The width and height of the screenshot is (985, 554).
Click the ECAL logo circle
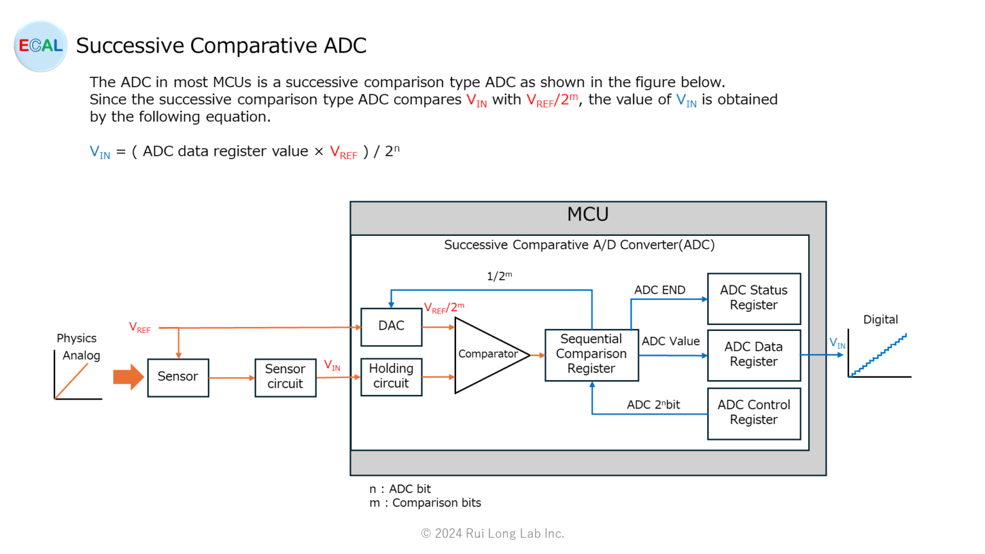40,46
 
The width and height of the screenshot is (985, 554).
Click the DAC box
391,326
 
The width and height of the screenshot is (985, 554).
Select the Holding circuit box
391,376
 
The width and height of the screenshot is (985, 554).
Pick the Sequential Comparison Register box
591,355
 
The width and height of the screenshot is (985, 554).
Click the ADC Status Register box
753,298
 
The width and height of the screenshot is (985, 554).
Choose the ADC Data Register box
753,355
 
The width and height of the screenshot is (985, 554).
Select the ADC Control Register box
753,413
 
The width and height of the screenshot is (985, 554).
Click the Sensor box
178,377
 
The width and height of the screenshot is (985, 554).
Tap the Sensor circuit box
285,377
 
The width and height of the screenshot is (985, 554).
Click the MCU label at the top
587,215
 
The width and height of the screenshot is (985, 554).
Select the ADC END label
659,290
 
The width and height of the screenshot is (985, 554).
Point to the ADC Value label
670,342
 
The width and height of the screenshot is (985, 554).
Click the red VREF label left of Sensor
140,328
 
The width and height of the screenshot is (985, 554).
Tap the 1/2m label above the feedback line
499,276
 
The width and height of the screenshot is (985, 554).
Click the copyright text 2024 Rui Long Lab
492,533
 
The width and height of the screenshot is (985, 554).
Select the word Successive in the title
130,46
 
